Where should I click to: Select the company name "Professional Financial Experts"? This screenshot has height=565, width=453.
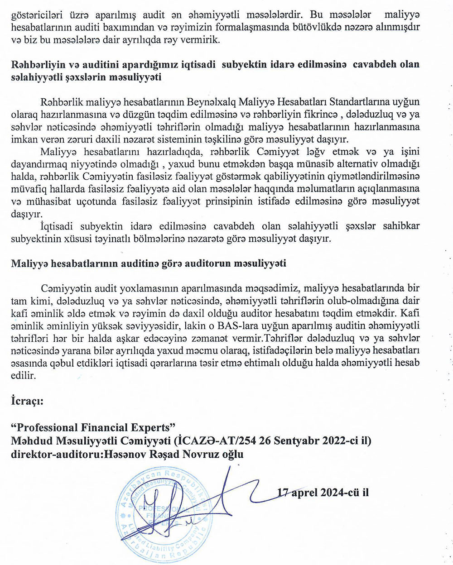pos(93,427)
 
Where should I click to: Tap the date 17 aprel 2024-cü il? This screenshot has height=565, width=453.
pos(323,492)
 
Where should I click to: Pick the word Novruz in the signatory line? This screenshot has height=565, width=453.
pos(200,454)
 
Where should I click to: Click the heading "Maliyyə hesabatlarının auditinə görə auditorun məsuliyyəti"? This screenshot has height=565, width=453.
pos(148,263)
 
